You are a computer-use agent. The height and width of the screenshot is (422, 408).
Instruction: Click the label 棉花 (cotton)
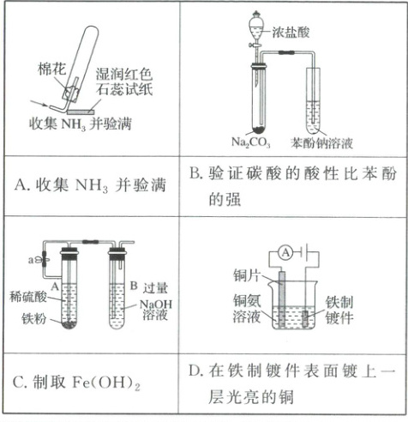click(x=51, y=69)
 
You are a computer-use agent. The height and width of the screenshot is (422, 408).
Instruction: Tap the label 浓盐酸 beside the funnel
click(x=291, y=32)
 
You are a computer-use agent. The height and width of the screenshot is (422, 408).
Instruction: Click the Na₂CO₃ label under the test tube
click(x=251, y=142)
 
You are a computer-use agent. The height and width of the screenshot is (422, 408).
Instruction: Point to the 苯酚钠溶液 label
click(x=321, y=143)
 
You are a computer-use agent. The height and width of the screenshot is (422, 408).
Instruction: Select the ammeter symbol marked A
click(x=285, y=252)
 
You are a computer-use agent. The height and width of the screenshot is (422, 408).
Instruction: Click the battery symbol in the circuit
click(x=303, y=252)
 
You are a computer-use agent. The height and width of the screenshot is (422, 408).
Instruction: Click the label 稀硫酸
click(x=28, y=297)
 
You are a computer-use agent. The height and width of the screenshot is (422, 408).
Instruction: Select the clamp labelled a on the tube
click(x=45, y=259)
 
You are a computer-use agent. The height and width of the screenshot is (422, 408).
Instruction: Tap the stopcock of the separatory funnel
click(x=255, y=45)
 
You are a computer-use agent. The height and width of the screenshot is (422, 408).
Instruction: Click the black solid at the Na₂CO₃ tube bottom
click(x=259, y=130)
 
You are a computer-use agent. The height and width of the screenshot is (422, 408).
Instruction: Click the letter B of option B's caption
click(x=195, y=173)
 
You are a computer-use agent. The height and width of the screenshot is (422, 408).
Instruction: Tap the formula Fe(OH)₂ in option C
click(x=106, y=383)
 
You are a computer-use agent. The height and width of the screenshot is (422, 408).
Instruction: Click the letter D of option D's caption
click(x=195, y=371)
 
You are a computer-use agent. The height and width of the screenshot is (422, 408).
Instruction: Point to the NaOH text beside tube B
click(x=156, y=304)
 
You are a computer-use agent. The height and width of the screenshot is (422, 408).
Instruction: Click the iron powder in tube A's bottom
click(x=69, y=324)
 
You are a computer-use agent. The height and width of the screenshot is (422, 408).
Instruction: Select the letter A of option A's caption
click(x=21, y=185)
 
